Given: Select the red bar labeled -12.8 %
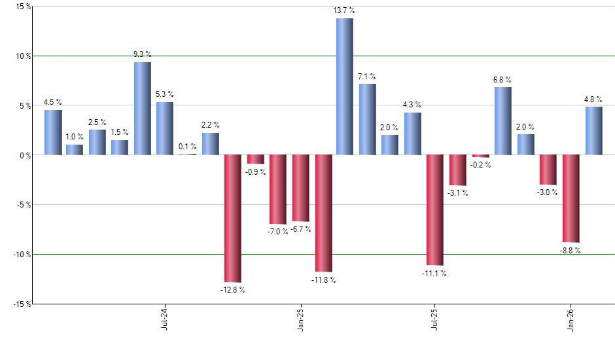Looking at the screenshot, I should click(233, 218).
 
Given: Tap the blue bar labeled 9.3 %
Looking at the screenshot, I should click(143, 108).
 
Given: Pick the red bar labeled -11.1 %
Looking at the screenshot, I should click(435, 209).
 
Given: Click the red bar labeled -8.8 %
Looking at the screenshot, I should click(571, 198).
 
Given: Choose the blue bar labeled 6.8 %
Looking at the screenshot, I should click(503, 120).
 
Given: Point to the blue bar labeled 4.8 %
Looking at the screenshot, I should click(593, 130).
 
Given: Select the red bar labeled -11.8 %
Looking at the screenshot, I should click(323, 213).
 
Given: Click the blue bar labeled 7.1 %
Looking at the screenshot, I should click(367, 119).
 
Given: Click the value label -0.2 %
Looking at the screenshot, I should click(481, 165).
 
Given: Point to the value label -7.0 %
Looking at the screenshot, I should click(277, 232).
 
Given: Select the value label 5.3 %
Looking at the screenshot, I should click(165, 94).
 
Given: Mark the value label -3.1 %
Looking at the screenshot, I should click(458, 193).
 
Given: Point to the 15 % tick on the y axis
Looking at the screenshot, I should click(20, 7).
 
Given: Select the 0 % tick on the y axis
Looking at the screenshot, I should click(23, 155).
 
